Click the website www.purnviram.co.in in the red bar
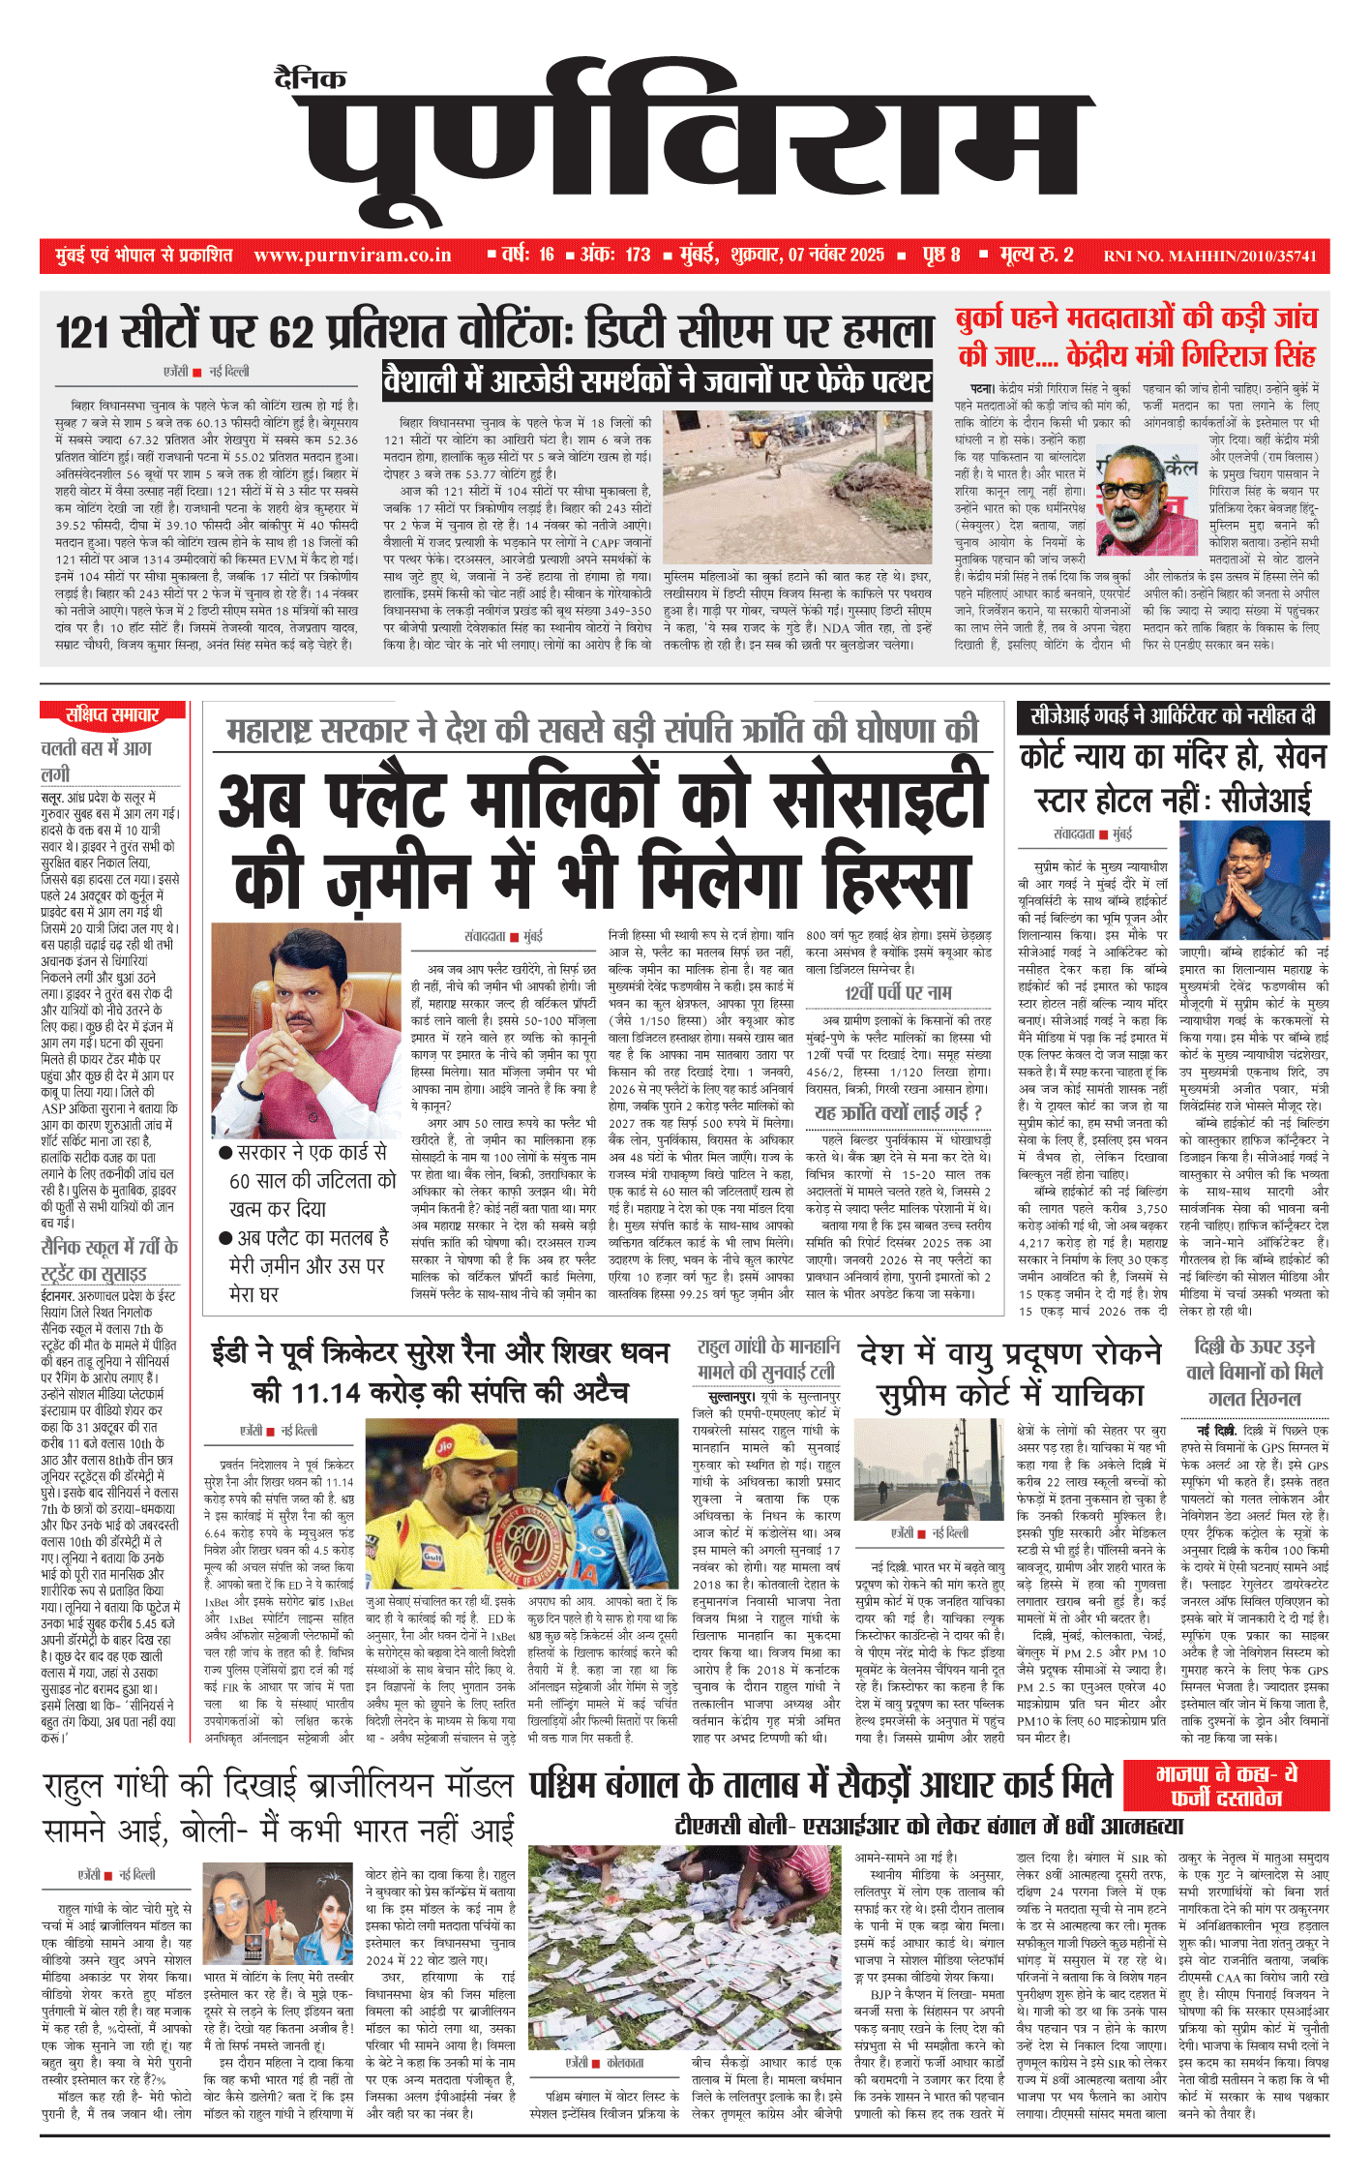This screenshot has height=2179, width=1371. coord(352,256)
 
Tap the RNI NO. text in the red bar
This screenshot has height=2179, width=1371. coord(1209,257)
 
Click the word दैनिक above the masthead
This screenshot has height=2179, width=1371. coord(310,78)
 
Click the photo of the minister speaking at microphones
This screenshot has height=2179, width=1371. coord(1149,500)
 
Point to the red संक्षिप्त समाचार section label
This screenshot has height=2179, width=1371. coord(111,714)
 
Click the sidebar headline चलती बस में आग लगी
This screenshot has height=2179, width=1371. coord(96,760)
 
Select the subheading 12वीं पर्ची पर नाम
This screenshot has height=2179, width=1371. coord(897,992)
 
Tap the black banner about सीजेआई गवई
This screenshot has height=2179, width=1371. coord(1173,716)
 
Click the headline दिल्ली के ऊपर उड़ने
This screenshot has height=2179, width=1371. coord(1257,1347)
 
